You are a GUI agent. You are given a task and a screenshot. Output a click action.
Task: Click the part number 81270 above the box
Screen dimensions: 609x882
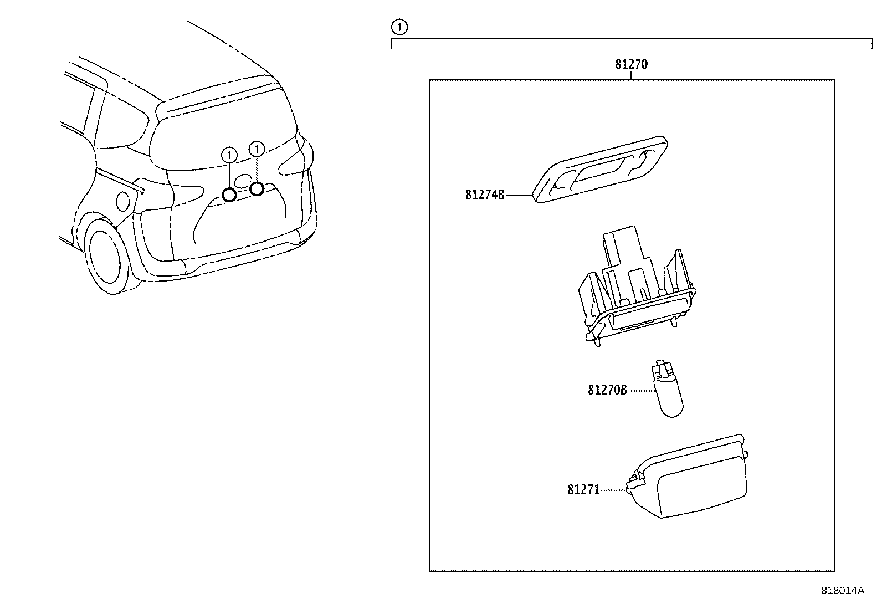(x=631, y=64)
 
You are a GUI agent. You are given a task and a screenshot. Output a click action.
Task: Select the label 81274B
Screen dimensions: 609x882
(x=485, y=195)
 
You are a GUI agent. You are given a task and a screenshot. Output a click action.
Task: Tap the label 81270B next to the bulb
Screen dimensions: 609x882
(x=607, y=390)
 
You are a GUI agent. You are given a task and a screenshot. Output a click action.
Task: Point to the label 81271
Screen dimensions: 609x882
(x=583, y=490)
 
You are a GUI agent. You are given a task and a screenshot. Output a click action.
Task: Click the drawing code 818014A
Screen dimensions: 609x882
(x=842, y=590)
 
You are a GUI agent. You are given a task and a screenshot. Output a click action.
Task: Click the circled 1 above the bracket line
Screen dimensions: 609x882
(x=399, y=26)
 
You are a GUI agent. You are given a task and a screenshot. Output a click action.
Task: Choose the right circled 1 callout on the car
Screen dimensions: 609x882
(x=257, y=149)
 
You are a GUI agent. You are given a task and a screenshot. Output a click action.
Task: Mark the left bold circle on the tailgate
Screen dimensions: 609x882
(x=229, y=195)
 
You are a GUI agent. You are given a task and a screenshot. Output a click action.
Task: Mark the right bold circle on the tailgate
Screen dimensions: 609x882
(x=257, y=189)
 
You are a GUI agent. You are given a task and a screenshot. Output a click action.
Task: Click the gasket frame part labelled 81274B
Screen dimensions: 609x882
(x=601, y=168)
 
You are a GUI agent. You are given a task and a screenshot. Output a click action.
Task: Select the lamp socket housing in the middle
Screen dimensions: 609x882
(x=634, y=288)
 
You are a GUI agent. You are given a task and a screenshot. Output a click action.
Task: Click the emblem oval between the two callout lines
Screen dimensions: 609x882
(x=242, y=180)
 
